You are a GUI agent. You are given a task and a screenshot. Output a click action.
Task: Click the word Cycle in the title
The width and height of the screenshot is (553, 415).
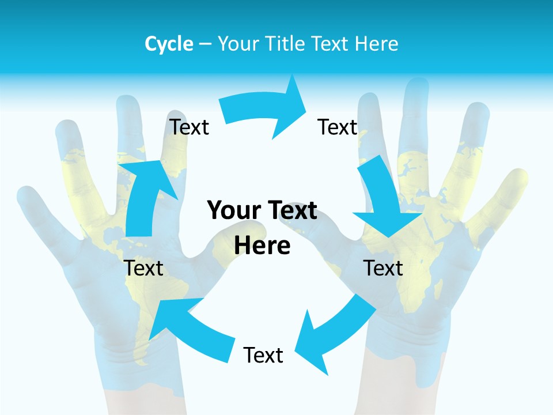click(x=169, y=44)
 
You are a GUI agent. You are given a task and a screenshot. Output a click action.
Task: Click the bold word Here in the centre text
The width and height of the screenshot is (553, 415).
click(x=262, y=246)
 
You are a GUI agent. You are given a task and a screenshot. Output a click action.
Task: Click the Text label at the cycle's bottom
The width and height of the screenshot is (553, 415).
click(x=263, y=355)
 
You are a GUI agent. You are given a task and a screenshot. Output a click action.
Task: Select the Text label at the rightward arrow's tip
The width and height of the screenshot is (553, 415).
click(x=338, y=127)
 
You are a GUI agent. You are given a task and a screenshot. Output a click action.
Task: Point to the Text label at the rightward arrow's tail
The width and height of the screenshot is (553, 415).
click(x=189, y=127)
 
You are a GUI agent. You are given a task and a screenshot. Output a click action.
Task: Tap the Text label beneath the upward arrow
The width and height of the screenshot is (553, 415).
click(x=143, y=268)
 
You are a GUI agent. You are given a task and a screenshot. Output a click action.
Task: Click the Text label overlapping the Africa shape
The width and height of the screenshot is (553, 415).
click(x=383, y=268)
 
